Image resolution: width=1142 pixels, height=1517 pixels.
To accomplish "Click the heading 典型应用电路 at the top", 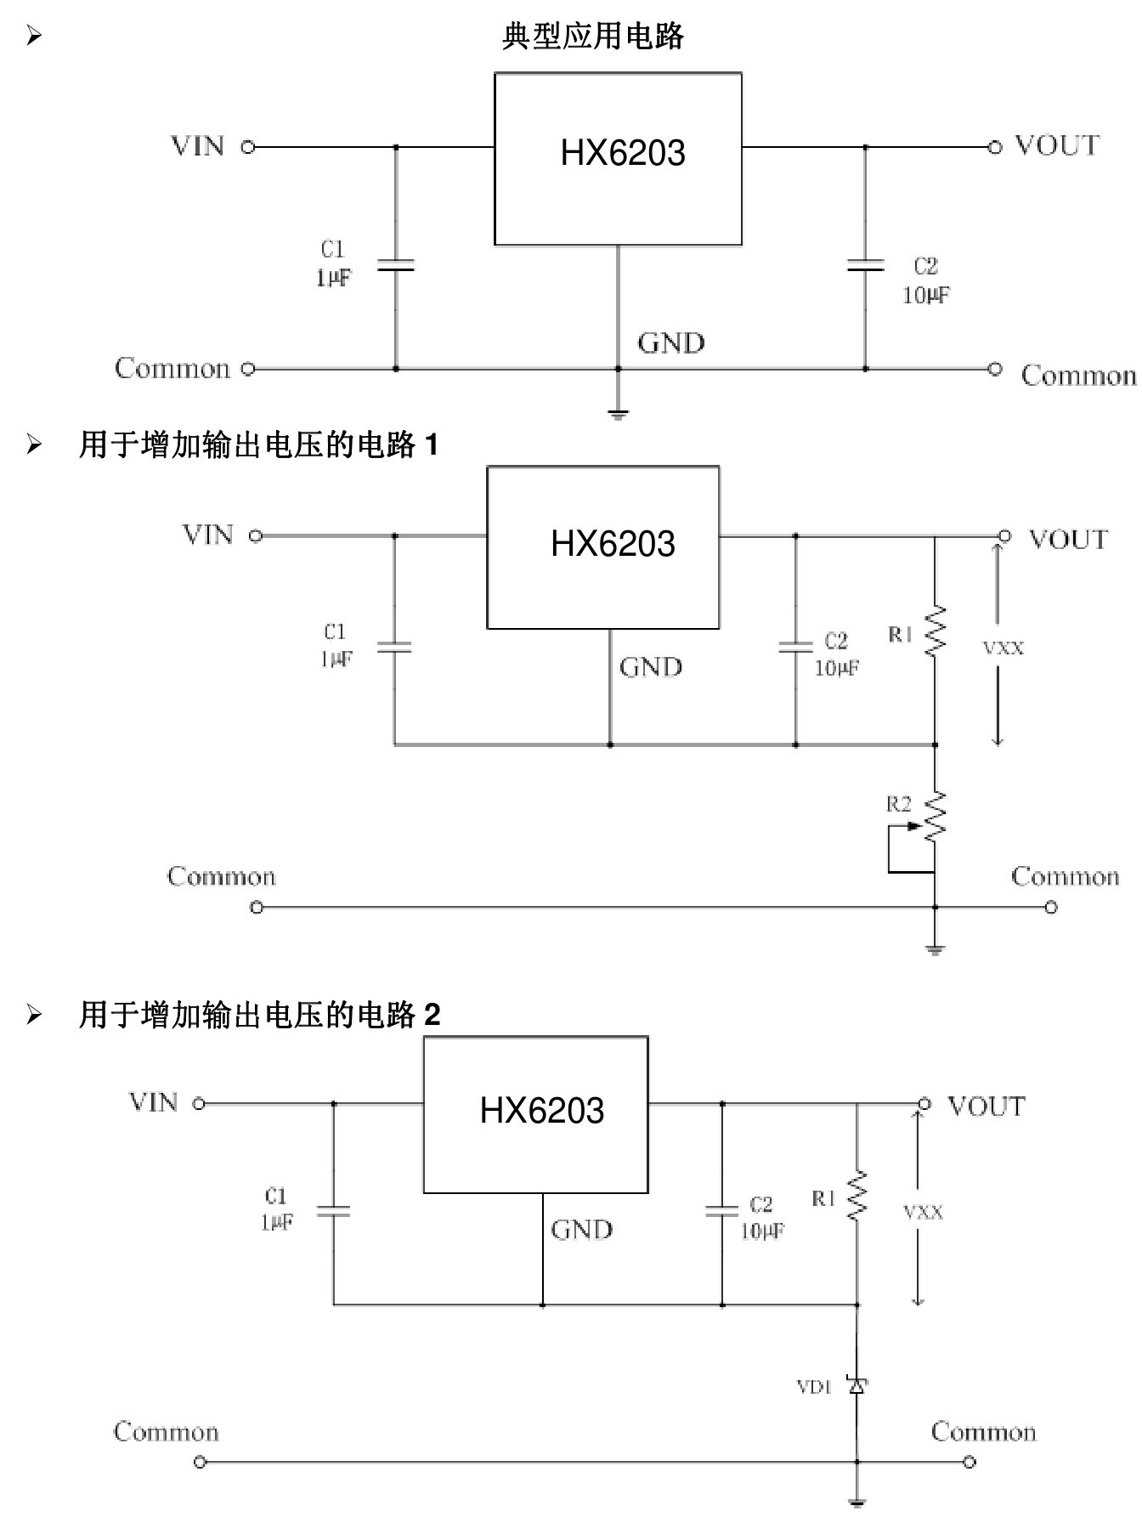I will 592,37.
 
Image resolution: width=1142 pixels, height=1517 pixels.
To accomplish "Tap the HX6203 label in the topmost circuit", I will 622,153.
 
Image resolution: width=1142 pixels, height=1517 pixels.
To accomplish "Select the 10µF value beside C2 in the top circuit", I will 925,295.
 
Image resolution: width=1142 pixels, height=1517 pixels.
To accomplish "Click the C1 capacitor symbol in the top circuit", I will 395,266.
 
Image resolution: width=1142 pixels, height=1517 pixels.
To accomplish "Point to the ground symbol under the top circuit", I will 618,414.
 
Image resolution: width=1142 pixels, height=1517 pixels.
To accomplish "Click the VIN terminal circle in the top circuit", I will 247,147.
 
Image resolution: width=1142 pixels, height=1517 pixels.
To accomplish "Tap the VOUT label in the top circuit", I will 1056,145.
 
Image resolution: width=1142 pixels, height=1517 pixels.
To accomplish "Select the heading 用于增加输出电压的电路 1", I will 258,444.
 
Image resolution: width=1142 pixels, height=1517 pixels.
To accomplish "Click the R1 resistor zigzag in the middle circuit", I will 935,631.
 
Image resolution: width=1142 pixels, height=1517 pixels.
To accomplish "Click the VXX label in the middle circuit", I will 1003,648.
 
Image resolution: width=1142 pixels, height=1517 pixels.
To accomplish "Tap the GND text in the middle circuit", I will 650,667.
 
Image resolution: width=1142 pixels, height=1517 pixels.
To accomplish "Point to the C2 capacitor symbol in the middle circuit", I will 795,647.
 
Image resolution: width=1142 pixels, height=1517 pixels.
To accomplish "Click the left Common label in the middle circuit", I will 221,876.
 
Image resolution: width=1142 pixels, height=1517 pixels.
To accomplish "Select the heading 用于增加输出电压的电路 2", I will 259,1015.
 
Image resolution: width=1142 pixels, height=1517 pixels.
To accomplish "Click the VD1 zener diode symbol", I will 856,1386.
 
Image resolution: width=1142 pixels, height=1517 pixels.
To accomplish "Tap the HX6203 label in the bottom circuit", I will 541,1111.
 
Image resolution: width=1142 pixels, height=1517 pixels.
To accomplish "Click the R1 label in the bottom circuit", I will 823,1198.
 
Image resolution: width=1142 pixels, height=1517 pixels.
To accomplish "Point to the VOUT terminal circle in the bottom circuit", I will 924,1104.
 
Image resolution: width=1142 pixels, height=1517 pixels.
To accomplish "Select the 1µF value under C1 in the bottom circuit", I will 277,1222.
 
